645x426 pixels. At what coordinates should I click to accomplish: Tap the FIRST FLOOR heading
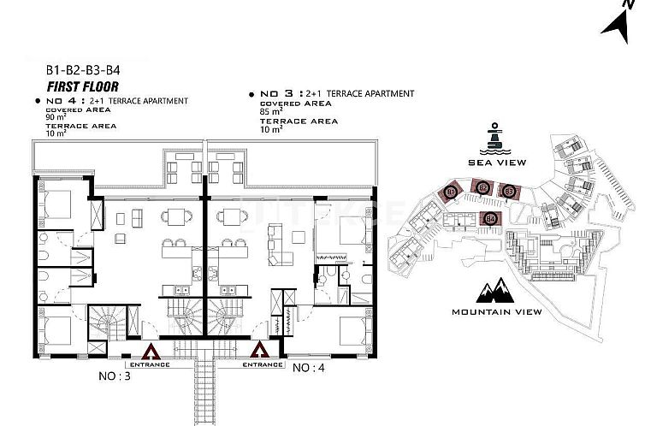(x=82, y=86)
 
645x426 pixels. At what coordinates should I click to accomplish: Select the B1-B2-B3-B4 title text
(x=83, y=72)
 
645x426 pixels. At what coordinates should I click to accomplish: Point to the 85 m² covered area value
(x=270, y=112)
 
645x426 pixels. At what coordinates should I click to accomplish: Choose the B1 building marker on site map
(x=451, y=192)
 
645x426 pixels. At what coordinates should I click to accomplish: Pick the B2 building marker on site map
(x=482, y=187)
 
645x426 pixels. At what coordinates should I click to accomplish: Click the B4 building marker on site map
(x=491, y=218)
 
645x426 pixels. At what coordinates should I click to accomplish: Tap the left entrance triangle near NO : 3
(x=151, y=350)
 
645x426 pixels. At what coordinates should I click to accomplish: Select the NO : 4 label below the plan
(x=310, y=368)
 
